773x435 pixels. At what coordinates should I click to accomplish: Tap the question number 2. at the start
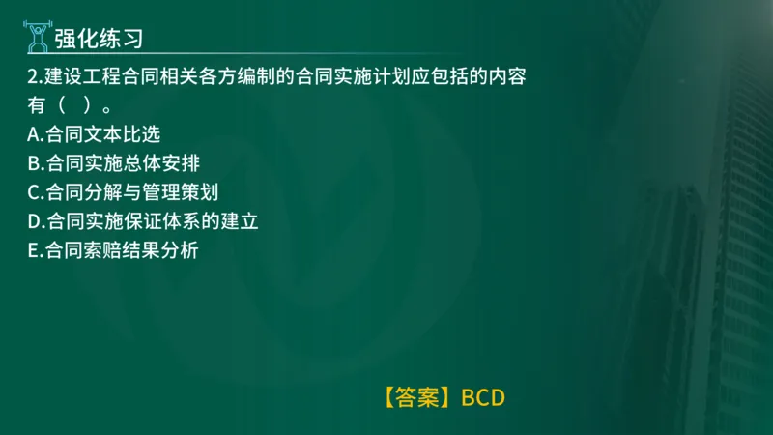pyautogui.click(x=37, y=75)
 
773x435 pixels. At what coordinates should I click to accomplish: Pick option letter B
pyautogui.click(x=35, y=163)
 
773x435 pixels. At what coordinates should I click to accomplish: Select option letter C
pyautogui.click(x=35, y=192)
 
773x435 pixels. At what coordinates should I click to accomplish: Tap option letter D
pyautogui.click(x=35, y=221)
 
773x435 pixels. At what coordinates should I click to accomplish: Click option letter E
pyautogui.click(x=35, y=250)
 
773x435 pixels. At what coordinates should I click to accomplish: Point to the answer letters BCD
pyautogui.click(x=483, y=397)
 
